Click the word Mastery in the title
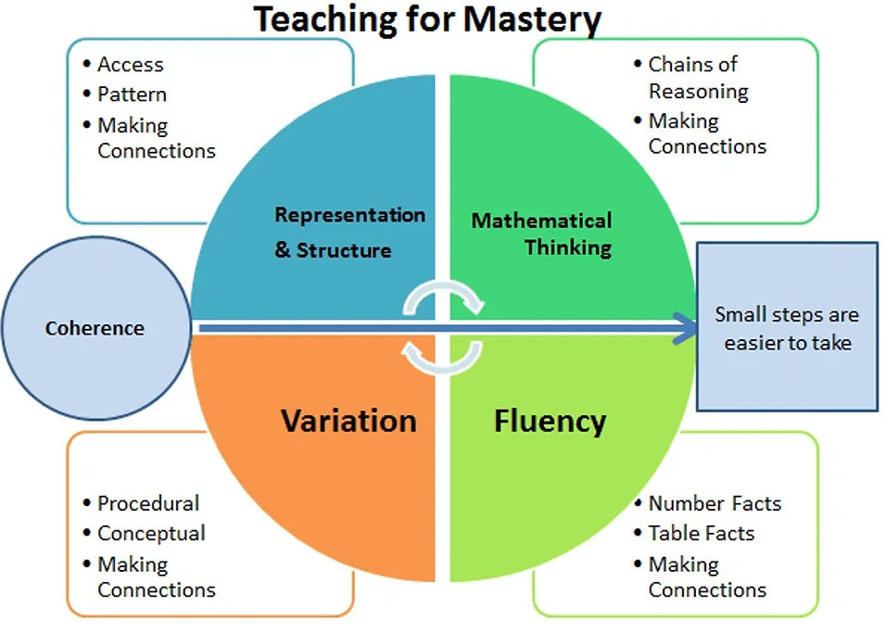532,20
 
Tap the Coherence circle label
95,328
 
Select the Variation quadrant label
348,421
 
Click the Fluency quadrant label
550,422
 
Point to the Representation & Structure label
349,232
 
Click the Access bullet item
130,64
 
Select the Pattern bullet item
132,95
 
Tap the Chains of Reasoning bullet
699,77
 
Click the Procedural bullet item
148,503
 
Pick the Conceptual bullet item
151,533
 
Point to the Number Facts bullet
715,503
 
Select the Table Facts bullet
702,533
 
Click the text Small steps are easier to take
787,328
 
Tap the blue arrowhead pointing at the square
686,328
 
